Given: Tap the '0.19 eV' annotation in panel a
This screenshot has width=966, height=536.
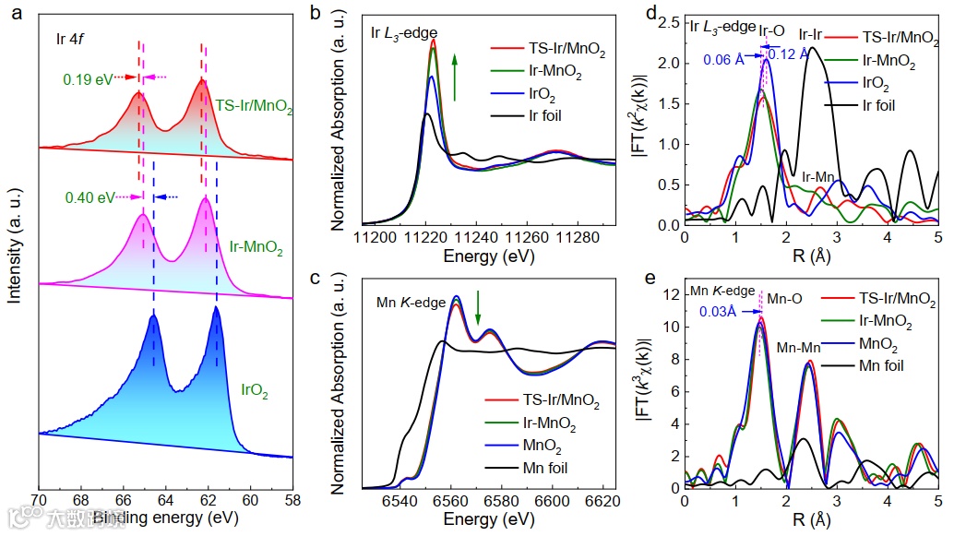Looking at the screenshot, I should (83, 78).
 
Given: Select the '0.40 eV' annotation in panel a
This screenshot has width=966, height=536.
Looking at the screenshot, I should (84, 197).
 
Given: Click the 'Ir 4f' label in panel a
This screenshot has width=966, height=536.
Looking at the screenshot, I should (70, 39).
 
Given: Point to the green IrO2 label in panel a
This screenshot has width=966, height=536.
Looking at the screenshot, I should (255, 390).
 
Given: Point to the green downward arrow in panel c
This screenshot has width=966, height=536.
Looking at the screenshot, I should (478, 308).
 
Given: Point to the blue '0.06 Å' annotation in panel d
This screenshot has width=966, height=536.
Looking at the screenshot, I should (722, 60).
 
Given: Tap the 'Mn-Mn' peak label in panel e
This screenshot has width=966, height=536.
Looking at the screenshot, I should (798, 349).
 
